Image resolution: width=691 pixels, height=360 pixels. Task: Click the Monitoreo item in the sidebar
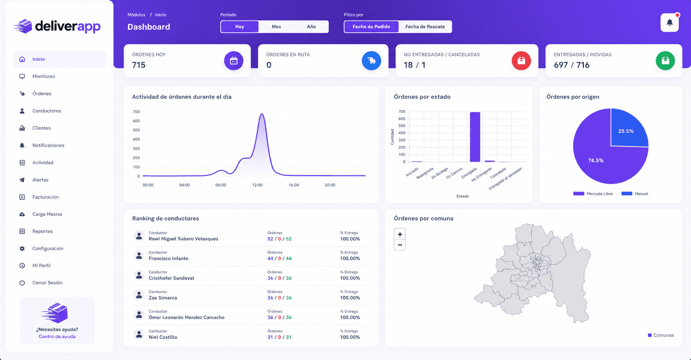44,76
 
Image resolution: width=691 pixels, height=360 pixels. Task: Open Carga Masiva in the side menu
47,214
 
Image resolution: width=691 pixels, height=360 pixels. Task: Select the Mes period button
276,27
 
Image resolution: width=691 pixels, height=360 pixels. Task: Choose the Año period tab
311,27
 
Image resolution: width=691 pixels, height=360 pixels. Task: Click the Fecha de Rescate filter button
425,27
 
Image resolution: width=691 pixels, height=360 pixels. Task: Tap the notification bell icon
670,23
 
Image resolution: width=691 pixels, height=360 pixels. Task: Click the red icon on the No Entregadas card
521,60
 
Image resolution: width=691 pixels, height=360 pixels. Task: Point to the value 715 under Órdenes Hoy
139,65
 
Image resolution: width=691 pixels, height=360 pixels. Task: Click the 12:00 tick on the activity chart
257,185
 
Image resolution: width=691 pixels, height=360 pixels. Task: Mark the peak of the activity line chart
262,114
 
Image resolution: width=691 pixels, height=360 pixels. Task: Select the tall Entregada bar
475,137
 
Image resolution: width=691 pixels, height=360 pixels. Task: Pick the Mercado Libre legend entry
593,194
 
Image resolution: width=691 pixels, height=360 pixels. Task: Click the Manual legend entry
635,194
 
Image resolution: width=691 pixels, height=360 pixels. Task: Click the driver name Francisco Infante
169,259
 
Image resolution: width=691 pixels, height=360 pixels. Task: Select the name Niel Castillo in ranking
163,337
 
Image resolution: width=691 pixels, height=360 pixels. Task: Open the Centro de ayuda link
57,337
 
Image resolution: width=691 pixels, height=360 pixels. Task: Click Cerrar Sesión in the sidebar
47,283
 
